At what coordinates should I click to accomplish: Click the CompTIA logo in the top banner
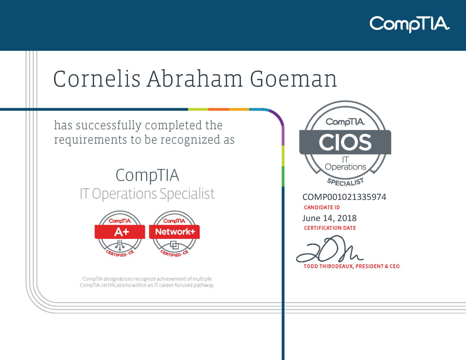pos(410,24)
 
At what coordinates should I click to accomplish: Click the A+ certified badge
pos(120,234)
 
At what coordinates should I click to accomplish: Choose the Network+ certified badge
pos(174,234)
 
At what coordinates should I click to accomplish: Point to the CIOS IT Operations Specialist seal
pos(345,143)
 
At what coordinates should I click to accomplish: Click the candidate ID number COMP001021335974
pos(344,197)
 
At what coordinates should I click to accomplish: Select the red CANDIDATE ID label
pos(322,207)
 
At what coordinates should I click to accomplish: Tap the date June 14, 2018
pos(329,218)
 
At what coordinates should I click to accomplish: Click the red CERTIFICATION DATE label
pos(330,228)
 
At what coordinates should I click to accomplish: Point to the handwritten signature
pos(329,249)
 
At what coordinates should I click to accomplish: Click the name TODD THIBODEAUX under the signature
pos(329,266)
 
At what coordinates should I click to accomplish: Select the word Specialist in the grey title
pos(187,194)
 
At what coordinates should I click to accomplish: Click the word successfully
pos(109,125)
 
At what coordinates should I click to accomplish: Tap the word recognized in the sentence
pos(190,140)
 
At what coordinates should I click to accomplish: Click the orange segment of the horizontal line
pos(218,109)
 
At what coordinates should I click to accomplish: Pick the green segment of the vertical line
pos(283,176)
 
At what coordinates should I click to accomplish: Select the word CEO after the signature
pos(395,266)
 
